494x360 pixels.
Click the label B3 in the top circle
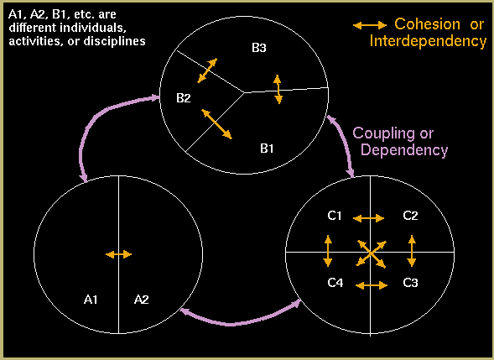259,48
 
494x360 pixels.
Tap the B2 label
184,98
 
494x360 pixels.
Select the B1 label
267,149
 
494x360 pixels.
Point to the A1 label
91,299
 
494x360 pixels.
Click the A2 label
141,299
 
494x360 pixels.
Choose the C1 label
335,216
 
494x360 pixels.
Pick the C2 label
410,216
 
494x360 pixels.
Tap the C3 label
410,283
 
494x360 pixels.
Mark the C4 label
335,283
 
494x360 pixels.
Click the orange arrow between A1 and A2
118,254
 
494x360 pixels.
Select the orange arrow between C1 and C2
368,218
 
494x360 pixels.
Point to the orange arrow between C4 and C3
372,285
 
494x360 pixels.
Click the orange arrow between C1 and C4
328,251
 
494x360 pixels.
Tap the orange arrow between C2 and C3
412,251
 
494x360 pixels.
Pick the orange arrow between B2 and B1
216,124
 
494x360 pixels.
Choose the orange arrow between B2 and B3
207,70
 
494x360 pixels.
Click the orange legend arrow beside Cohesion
370,25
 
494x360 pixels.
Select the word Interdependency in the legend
428,41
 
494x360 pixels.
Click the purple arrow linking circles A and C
233,323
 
